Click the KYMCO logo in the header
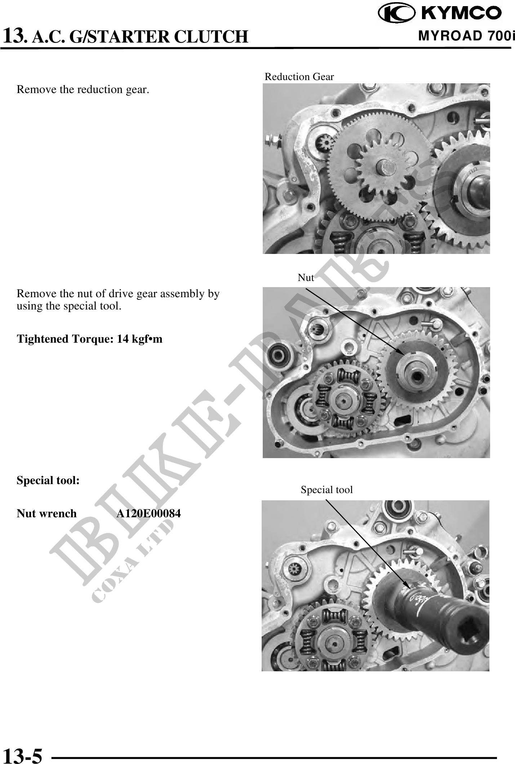440,13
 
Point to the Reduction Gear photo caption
299,77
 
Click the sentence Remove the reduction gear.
83,89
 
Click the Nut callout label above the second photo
306,277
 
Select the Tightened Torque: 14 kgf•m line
90,339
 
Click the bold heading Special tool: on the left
48,480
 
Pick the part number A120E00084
148,513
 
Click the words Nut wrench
46,513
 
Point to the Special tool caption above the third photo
327,489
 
